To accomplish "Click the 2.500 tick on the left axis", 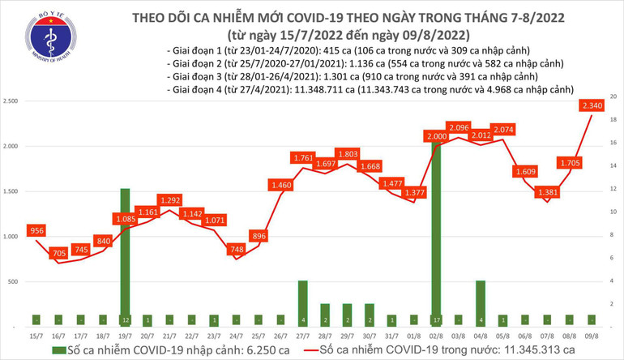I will [12, 101].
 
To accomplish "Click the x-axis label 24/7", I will [236, 336].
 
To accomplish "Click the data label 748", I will [236, 248].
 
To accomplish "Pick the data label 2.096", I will [457, 127].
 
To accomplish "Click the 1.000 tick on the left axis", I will [12, 237].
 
